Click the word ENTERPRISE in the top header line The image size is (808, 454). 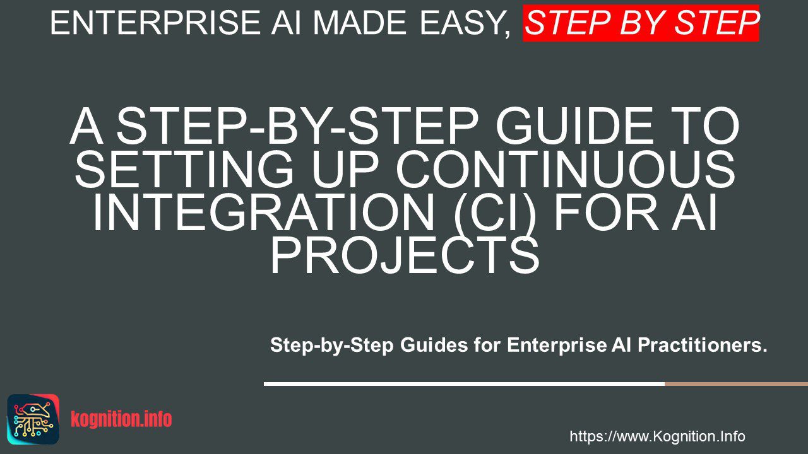point(155,23)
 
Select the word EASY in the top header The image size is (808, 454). point(463,23)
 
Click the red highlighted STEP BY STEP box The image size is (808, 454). point(641,23)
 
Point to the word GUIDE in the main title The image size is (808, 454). point(574,126)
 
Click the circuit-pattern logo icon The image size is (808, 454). point(33,419)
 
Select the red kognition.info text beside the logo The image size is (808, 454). point(121,419)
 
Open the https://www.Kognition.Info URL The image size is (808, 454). point(657,436)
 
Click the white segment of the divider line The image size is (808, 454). point(464,384)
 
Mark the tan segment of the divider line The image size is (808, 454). point(736,384)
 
